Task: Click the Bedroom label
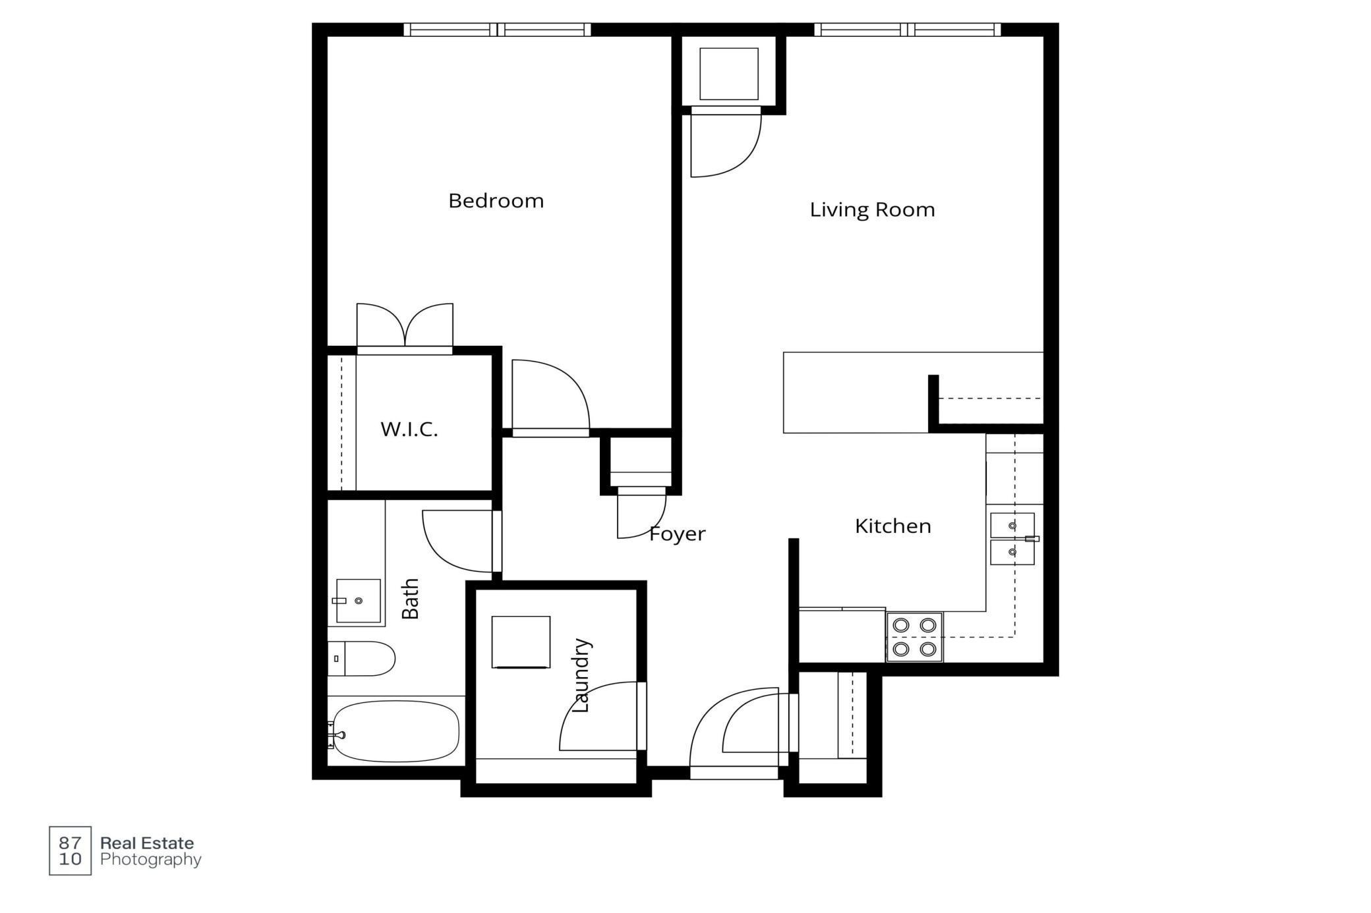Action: coord(496,200)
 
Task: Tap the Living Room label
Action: coord(872,209)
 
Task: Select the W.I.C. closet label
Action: coord(409,429)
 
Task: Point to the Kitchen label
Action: coord(892,526)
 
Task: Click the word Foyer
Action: coord(678,534)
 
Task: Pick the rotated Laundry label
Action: coord(581,675)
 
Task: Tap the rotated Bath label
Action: coord(410,598)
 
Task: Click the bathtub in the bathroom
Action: coord(395,731)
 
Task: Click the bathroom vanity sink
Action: coord(358,601)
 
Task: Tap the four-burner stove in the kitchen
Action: coord(914,637)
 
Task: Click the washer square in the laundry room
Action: coord(521,642)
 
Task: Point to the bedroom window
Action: coord(497,30)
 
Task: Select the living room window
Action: coord(908,30)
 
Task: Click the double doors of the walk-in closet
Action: coord(405,326)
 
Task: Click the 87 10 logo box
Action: coord(70,850)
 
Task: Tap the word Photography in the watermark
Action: coord(151,860)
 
